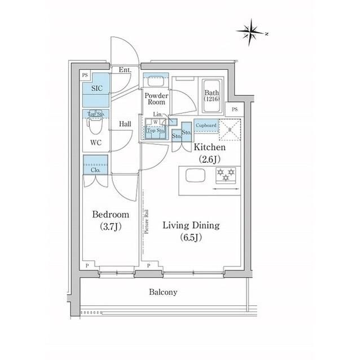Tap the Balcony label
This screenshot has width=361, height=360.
point(164,292)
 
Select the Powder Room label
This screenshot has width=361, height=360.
point(155,99)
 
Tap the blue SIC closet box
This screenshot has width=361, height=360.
point(96,88)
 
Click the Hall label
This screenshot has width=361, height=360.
point(125,124)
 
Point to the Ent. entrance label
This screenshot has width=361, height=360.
point(125,70)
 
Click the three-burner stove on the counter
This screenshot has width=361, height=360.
point(224,178)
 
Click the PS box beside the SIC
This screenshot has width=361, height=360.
point(85,74)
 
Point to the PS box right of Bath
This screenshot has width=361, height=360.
point(235,109)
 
